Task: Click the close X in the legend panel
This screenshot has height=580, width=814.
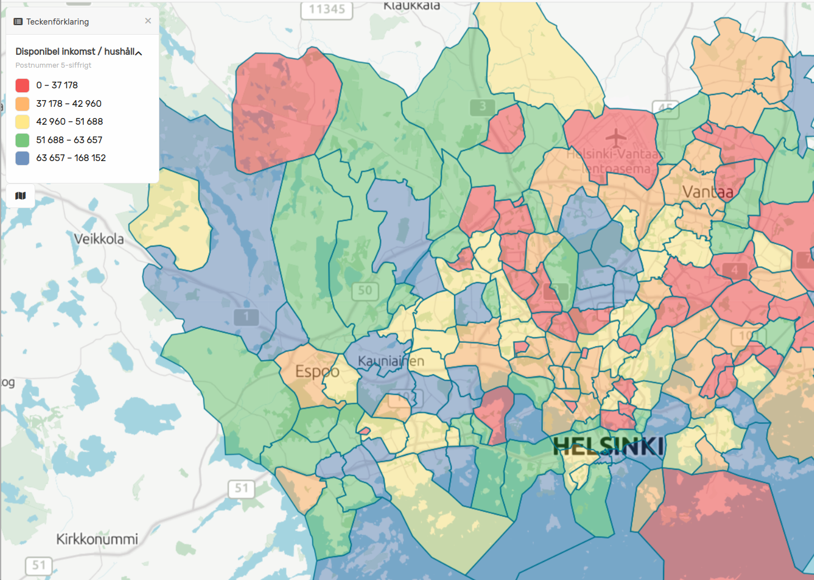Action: (x=148, y=21)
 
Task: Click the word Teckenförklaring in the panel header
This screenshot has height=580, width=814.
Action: (x=57, y=22)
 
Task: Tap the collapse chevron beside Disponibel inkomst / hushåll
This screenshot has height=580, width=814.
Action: (x=139, y=53)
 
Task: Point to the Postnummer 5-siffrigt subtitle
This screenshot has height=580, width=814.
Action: (x=53, y=65)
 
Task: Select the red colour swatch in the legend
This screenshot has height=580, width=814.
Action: (x=22, y=86)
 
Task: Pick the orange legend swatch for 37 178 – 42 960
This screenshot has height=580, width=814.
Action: (x=22, y=103)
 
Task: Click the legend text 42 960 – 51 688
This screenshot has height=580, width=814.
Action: (x=69, y=121)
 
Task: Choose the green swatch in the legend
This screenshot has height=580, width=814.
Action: (x=22, y=140)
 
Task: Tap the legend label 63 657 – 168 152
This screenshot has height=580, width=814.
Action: (x=71, y=158)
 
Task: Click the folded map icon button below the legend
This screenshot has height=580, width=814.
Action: (x=21, y=196)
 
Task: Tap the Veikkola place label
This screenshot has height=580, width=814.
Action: (x=99, y=239)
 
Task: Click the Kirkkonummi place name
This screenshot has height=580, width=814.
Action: (x=97, y=539)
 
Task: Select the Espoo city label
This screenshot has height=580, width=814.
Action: (x=317, y=371)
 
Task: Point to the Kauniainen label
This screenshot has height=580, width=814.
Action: (x=391, y=361)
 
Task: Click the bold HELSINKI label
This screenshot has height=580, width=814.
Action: (x=608, y=446)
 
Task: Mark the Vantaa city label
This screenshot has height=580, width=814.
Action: (x=707, y=192)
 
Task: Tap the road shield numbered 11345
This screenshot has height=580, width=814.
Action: (x=327, y=10)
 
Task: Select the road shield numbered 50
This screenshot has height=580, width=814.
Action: (x=365, y=290)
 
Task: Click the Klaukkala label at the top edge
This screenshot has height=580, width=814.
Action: (x=411, y=6)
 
